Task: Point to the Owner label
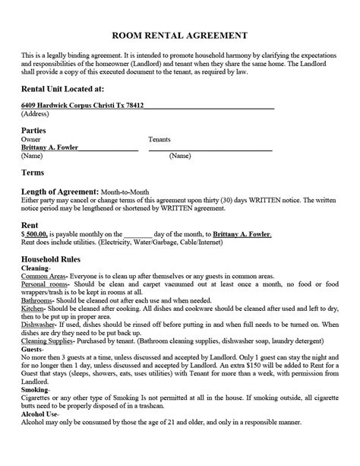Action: pos(31,140)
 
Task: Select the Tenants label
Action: pos(159,140)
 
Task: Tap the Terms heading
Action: pos(33,173)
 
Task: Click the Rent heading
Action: pos(30,224)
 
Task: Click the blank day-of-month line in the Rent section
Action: pos(137,234)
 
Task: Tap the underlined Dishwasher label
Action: pos(39,322)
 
